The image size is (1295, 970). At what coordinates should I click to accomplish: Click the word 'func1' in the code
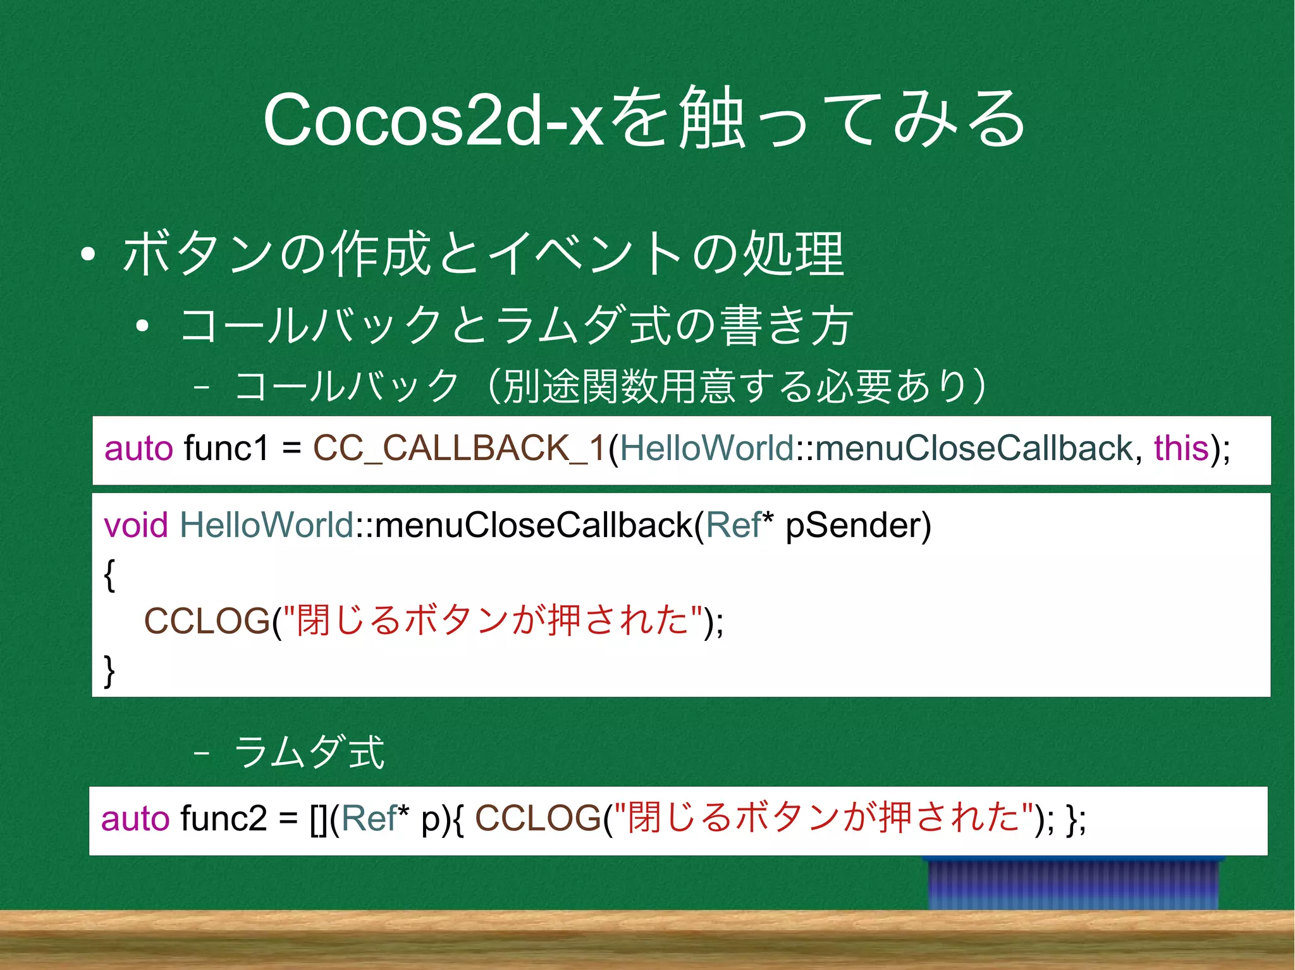(226, 449)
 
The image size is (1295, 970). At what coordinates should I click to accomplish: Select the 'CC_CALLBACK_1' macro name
(460, 449)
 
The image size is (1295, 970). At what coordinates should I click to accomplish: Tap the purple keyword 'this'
(1181, 449)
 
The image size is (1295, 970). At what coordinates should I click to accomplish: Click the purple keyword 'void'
(136, 525)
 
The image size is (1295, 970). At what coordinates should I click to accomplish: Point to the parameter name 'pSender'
(858, 525)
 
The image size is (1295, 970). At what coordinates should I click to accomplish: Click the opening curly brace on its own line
(109, 574)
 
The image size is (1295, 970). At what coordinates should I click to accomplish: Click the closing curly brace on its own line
(109, 670)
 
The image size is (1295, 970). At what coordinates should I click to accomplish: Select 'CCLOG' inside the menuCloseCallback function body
(207, 621)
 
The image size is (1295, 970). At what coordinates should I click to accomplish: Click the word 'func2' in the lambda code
(224, 818)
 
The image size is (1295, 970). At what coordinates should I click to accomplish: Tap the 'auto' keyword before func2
(135, 818)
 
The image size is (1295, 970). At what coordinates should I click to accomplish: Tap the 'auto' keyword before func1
(138, 449)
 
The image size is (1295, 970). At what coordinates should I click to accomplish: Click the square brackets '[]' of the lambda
(319, 820)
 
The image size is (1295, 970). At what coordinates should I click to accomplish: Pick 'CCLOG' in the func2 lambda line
(537, 818)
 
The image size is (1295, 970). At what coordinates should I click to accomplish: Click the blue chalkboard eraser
(1073, 883)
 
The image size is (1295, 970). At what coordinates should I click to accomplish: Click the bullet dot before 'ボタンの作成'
(89, 255)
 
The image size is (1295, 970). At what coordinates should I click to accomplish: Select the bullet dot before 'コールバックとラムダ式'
(143, 326)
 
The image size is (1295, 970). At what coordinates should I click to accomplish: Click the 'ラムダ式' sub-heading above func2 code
(309, 752)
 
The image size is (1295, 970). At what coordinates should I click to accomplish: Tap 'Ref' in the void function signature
(733, 525)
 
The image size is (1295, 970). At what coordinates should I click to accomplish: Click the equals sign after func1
(292, 449)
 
